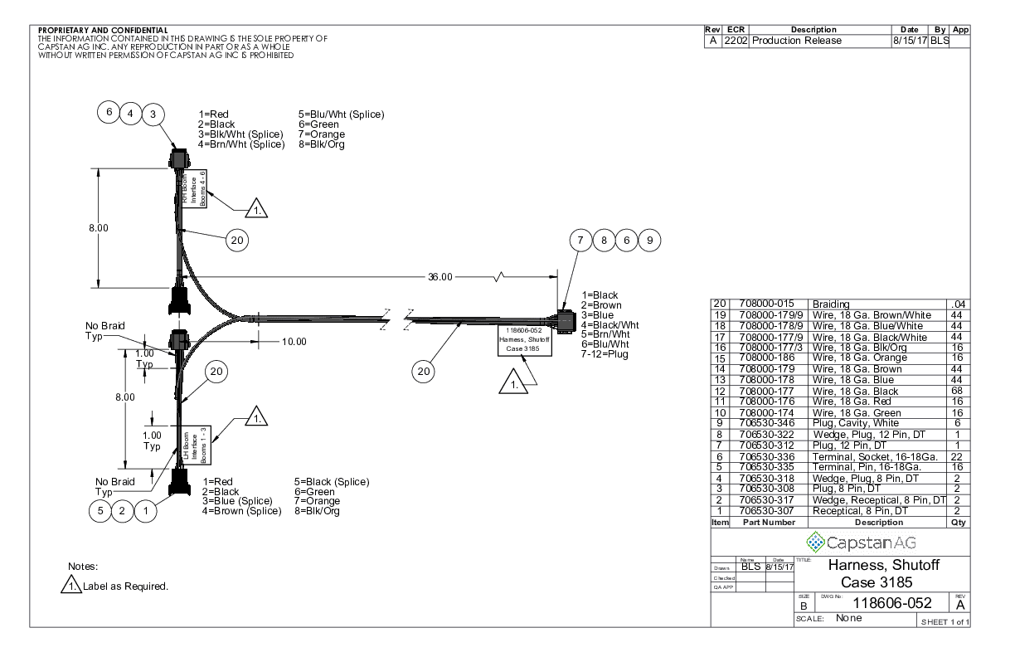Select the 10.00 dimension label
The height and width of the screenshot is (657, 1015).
coord(289,341)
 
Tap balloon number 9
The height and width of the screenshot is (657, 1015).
coord(649,240)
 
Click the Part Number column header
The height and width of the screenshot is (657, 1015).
coord(767,523)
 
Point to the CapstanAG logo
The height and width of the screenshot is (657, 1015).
coord(848,543)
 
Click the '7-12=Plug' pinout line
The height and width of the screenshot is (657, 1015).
coord(605,355)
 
